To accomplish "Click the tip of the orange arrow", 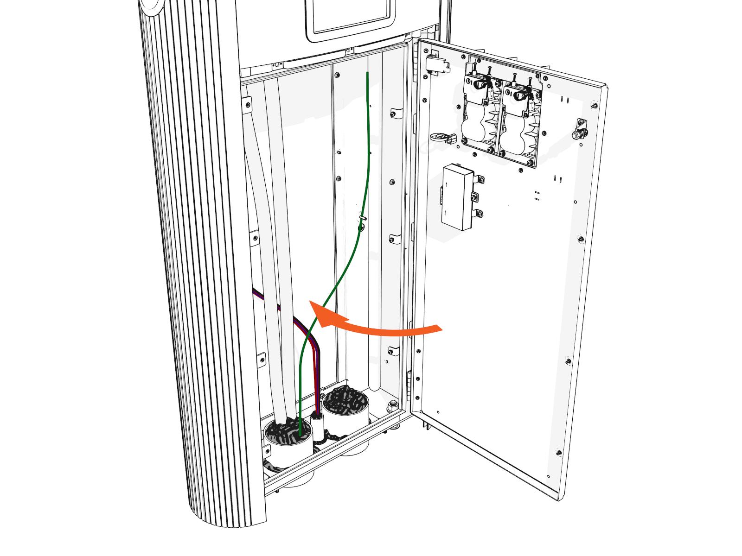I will [310, 301].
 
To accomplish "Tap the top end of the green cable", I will [368, 73].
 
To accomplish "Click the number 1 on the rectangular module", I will [446, 184].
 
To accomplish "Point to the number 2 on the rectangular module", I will [445, 213].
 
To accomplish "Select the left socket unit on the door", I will [480, 114].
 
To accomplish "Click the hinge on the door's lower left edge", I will [409, 385].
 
